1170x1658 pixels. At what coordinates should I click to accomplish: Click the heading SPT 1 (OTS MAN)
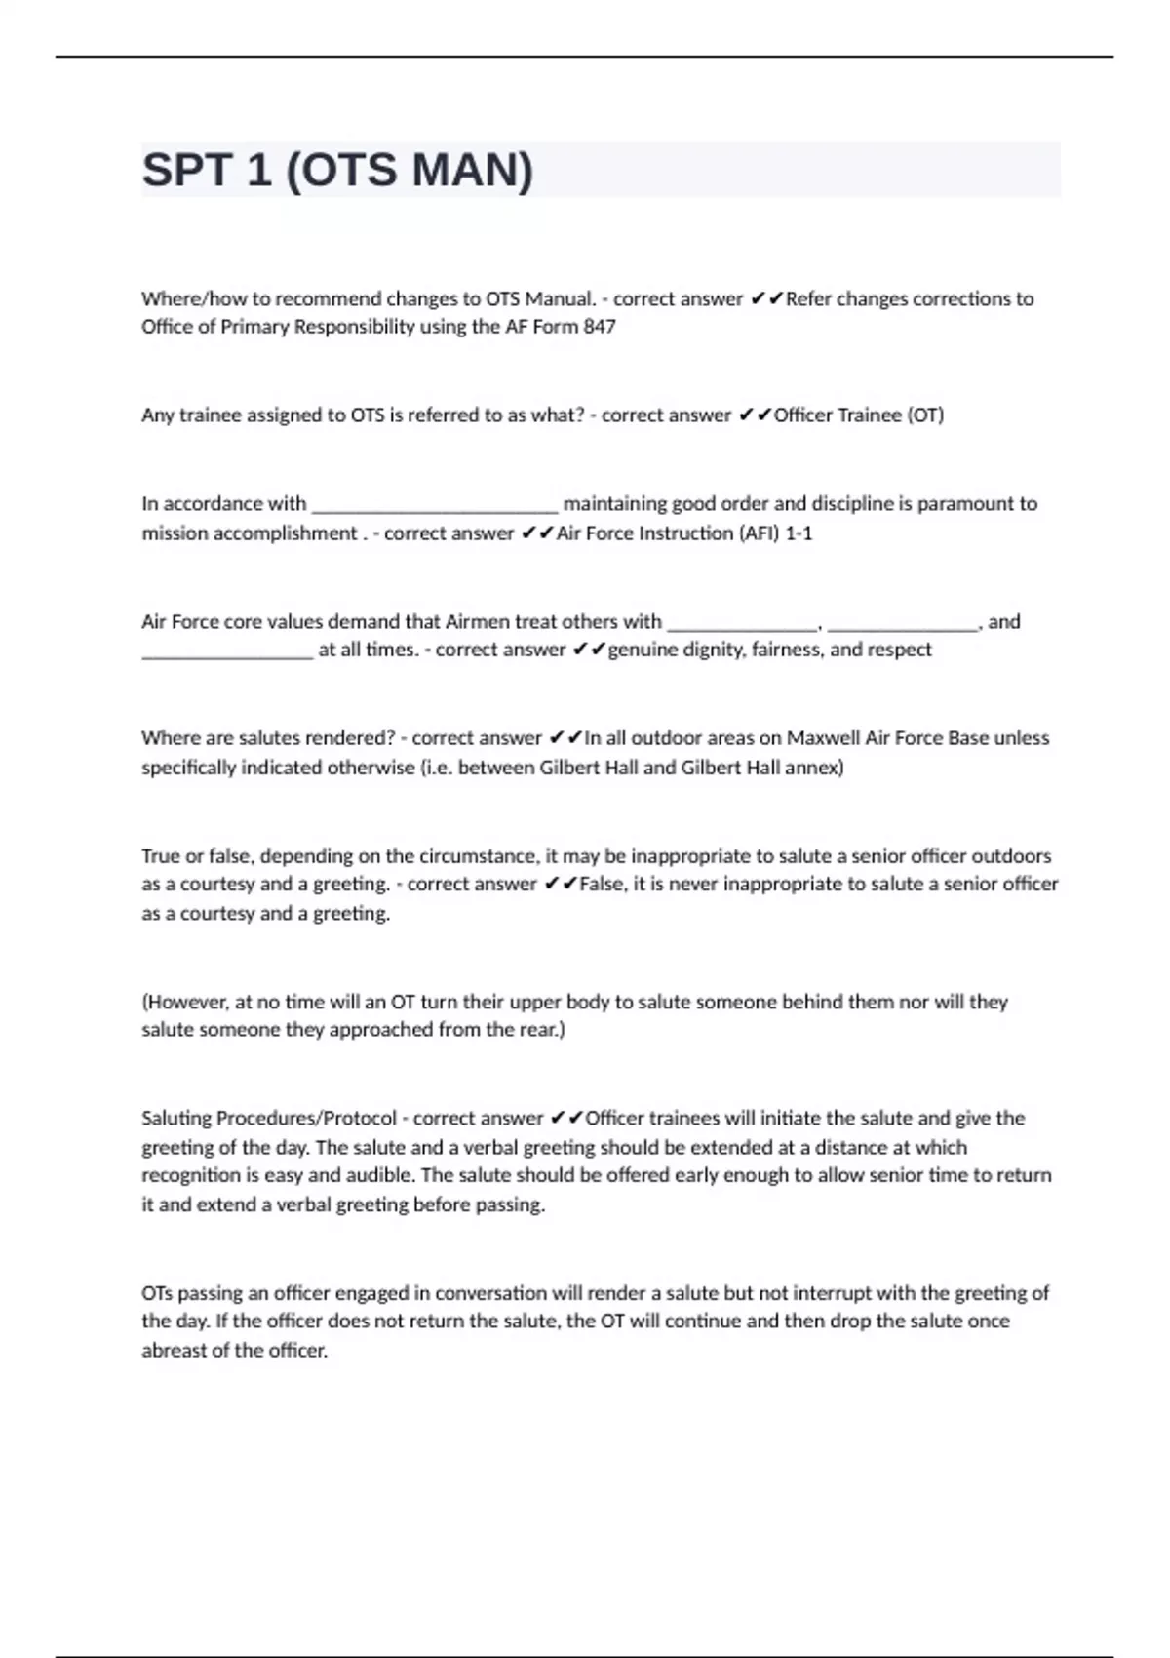click(x=337, y=171)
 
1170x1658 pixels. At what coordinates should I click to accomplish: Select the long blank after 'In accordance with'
click(x=434, y=505)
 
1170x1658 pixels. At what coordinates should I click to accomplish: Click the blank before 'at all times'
click(x=227, y=651)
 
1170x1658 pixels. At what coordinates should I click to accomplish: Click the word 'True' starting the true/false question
click(x=161, y=856)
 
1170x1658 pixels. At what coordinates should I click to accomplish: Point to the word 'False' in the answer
click(x=602, y=885)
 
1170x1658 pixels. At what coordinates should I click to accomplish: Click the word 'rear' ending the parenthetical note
click(x=539, y=1030)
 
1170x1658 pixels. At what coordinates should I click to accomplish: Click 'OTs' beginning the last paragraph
click(x=157, y=1293)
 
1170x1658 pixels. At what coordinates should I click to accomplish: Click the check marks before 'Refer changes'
click(x=766, y=299)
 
